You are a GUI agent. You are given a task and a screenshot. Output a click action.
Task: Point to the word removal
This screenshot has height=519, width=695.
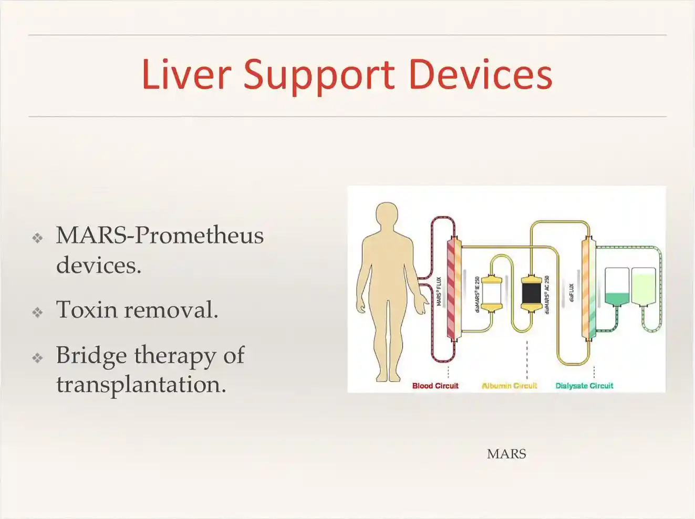171,309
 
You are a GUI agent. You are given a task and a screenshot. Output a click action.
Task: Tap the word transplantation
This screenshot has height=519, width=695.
141,385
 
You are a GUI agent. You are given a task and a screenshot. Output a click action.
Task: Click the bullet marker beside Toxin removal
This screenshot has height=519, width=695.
37,312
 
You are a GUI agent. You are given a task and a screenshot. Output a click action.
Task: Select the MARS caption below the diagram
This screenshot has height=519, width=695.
506,454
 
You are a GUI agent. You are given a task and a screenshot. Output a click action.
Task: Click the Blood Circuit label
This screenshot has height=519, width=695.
435,386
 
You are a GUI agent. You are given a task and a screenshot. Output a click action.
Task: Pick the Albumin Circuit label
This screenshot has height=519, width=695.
510,386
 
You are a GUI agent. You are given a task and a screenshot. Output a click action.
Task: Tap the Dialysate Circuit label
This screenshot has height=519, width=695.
585,386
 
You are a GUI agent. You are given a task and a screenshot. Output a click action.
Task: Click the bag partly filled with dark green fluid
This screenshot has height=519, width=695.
617,287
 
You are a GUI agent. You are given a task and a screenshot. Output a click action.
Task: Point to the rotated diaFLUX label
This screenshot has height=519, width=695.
572,292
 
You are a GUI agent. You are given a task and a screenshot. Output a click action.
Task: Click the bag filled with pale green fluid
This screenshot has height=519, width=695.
644,287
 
